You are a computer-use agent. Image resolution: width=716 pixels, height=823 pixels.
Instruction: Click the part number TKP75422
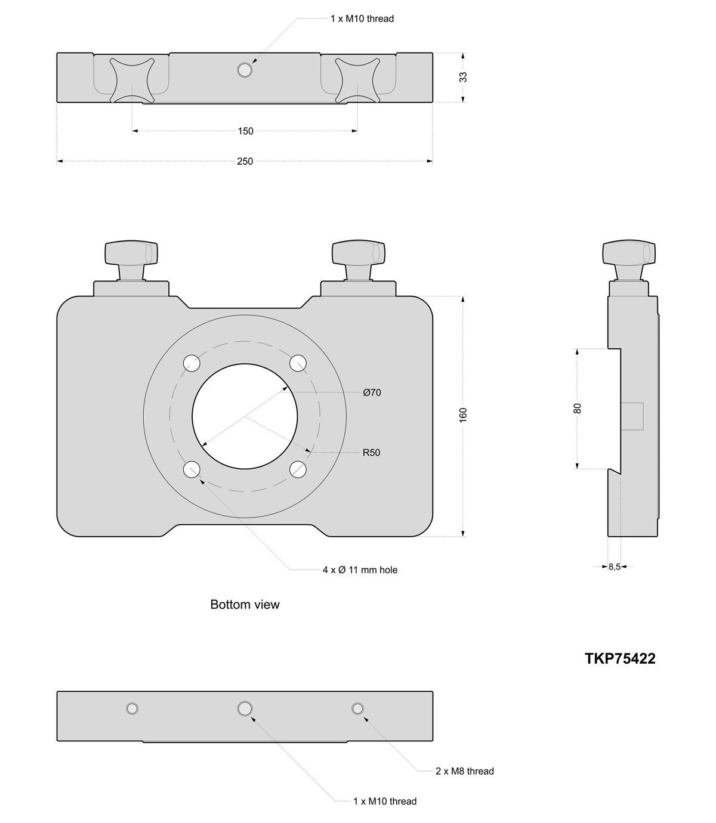620,658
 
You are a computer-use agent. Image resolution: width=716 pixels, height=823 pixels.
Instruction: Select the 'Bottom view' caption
245,605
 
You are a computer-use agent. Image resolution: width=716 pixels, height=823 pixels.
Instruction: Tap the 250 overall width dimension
245,161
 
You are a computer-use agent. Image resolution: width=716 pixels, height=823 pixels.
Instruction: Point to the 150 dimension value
245,131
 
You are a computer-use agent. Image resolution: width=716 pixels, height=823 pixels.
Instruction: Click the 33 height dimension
464,77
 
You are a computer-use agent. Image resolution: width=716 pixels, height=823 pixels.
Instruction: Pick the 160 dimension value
464,415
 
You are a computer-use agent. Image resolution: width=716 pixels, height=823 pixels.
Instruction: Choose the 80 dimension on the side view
577,409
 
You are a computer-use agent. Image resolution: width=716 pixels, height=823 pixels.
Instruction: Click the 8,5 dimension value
615,567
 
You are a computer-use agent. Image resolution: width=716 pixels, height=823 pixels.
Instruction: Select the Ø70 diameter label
372,392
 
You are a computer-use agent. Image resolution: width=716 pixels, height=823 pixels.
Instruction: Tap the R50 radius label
371,453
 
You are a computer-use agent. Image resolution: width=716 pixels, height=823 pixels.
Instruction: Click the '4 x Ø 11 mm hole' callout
360,570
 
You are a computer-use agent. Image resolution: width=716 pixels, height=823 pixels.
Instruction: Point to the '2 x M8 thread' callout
464,771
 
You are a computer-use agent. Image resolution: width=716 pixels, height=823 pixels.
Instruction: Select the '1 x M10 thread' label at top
362,18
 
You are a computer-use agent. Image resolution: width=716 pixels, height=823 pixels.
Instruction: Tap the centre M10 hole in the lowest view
245,708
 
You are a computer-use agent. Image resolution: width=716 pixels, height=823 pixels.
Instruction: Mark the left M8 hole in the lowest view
132,708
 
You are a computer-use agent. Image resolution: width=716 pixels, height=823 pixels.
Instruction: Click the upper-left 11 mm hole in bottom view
192,362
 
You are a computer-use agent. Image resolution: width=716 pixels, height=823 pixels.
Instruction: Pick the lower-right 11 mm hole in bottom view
298,469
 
